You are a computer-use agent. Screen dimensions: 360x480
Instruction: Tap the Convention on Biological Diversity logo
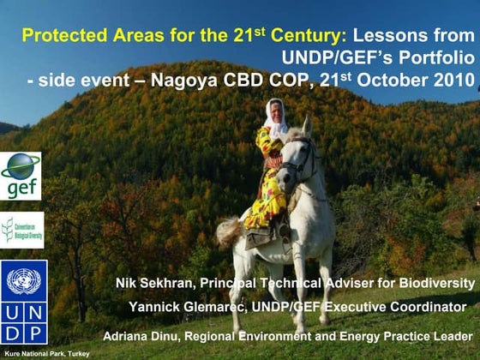tap(21, 230)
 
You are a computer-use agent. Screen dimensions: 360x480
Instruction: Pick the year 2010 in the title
tap(453, 81)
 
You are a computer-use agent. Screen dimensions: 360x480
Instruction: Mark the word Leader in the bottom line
tap(452, 335)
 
